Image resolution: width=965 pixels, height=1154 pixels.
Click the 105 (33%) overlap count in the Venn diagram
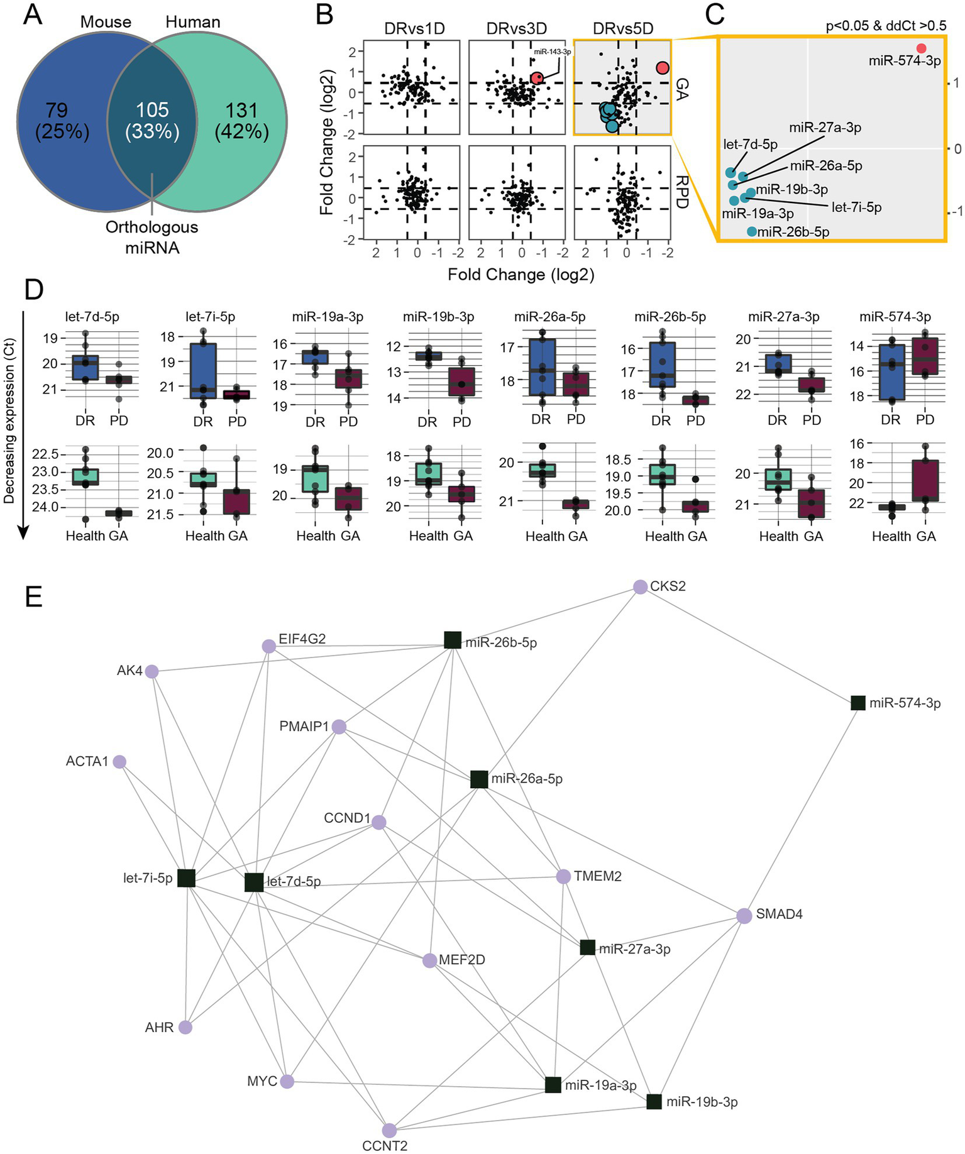[x=152, y=120]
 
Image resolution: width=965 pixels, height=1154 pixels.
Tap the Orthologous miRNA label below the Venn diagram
[x=152, y=237]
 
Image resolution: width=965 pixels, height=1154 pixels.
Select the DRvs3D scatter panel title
[x=516, y=29]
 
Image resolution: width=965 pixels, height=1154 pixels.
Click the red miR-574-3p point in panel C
[x=921, y=48]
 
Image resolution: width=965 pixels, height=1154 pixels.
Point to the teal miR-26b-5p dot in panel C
[x=752, y=231]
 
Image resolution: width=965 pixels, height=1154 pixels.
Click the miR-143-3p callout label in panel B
[x=552, y=52]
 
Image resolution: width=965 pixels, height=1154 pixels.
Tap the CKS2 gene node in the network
[x=640, y=587]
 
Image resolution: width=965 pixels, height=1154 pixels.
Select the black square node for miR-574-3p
[x=858, y=703]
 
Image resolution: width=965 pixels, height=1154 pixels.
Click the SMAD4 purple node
[x=744, y=916]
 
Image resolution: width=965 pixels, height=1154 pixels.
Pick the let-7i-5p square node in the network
[x=186, y=878]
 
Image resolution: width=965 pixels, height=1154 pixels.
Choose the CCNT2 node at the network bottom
[x=389, y=1130]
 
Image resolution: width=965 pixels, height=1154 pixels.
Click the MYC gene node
[x=287, y=1082]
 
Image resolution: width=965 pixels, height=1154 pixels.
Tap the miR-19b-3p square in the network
[x=654, y=1102]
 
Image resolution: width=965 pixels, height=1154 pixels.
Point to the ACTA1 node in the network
[x=119, y=762]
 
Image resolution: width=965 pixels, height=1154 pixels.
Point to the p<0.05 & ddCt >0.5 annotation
[x=885, y=26]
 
